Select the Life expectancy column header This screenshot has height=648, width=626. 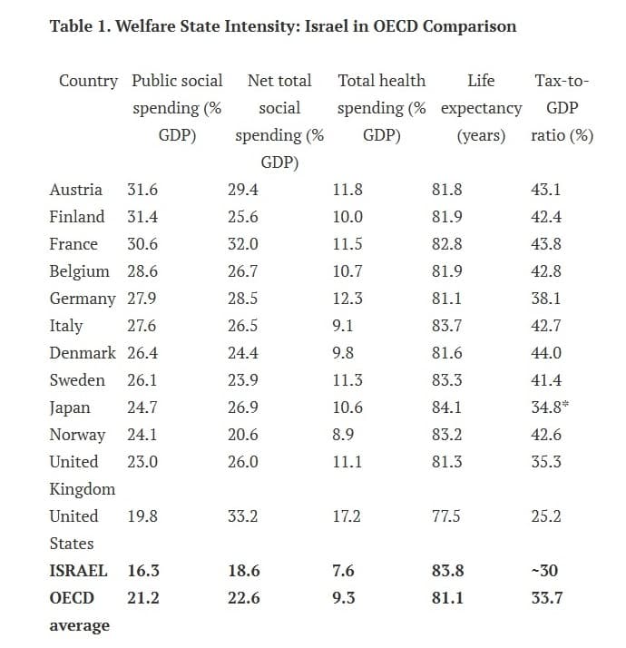point(482,108)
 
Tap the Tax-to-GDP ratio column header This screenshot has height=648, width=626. point(562,108)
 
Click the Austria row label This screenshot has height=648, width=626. point(75,190)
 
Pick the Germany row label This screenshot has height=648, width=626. point(83,299)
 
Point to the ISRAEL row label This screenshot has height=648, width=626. point(78,571)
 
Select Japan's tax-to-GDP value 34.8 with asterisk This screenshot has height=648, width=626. point(550,407)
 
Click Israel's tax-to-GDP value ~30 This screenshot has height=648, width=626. point(544,571)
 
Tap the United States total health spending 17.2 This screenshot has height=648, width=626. point(347,516)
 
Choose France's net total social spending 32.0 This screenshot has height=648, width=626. point(243,244)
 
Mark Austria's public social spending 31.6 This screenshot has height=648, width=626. point(142,190)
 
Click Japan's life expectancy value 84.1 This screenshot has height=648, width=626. point(446,407)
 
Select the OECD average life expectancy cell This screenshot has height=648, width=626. point(447,598)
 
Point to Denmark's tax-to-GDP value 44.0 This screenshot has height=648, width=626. point(546,353)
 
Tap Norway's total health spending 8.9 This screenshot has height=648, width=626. point(343,435)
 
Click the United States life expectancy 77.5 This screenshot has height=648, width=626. point(445,516)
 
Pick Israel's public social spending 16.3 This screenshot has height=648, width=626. point(143,571)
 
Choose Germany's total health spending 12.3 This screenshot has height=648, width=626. point(347,299)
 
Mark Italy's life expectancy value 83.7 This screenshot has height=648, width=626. point(446,326)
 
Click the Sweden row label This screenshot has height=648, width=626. point(77,380)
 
